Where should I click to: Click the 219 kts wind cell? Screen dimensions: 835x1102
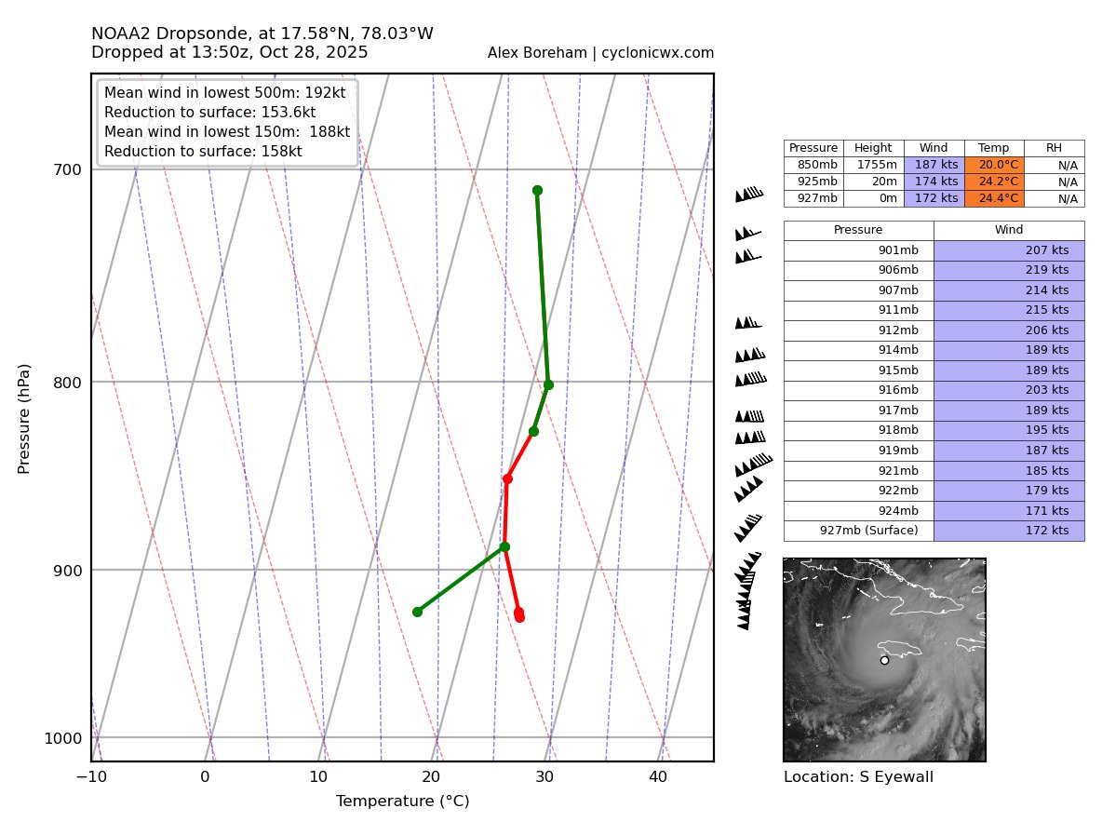(x=1009, y=270)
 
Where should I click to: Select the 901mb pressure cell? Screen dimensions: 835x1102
(x=858, y=250)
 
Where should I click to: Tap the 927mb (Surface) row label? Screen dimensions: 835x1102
(x=858, y=531)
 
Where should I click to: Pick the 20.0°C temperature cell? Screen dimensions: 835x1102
(x=994, y=165)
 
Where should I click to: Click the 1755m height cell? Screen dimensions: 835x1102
(x=873, y=165)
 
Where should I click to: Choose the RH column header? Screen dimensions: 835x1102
(x=1054, y=148)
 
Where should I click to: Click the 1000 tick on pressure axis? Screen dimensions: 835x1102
(x=62, y=738)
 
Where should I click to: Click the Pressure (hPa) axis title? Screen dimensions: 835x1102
(x=24, y=418)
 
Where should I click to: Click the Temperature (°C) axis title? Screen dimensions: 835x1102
(x=402, y=801)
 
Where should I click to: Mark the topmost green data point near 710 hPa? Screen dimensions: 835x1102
(x=537, y=191)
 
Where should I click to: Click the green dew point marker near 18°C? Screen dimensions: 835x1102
(x=417, y=612)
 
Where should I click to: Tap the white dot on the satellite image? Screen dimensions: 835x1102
(x=884, y=660)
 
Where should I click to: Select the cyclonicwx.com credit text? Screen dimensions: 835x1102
(x=600, y=53)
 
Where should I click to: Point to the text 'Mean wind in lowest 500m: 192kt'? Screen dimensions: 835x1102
(x=224, y=93)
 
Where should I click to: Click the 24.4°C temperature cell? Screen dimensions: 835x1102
(x=994, y=198)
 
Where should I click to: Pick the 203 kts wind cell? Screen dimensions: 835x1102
(x=1009, y=390)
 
